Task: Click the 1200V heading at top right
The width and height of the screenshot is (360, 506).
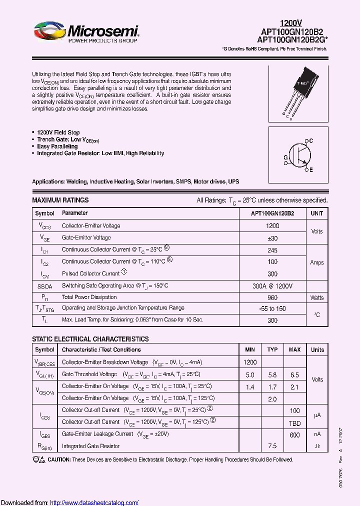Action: point(291,23)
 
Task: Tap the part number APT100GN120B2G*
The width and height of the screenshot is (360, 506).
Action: point(292,39)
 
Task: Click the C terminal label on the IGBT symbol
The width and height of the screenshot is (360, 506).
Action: point(310,141)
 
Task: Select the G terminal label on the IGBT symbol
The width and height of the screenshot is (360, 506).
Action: point(285,157)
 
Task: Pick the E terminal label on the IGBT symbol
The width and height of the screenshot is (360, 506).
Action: point(310,170)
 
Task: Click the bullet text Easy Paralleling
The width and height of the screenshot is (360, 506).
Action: point(57,146)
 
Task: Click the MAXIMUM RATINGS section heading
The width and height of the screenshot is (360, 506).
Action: point(60,200)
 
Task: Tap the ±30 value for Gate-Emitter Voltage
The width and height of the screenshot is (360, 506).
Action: point(272,238)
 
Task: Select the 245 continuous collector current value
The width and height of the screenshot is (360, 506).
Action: point(272,249)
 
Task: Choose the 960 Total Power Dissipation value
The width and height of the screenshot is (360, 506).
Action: point(272,297)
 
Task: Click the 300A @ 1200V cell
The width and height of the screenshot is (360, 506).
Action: point(272,285)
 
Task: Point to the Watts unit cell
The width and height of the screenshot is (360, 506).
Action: point(317,297)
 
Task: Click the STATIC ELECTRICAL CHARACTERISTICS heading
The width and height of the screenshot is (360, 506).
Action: point(90,339)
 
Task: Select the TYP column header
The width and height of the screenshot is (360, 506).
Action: point(272,349)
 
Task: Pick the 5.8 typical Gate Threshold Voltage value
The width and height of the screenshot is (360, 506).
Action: point(272,374)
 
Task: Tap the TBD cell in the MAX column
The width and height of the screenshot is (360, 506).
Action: point(294,422)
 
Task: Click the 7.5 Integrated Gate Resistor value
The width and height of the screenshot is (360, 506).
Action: point(272,446)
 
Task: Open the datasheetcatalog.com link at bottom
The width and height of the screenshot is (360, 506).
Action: point(94,502)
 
